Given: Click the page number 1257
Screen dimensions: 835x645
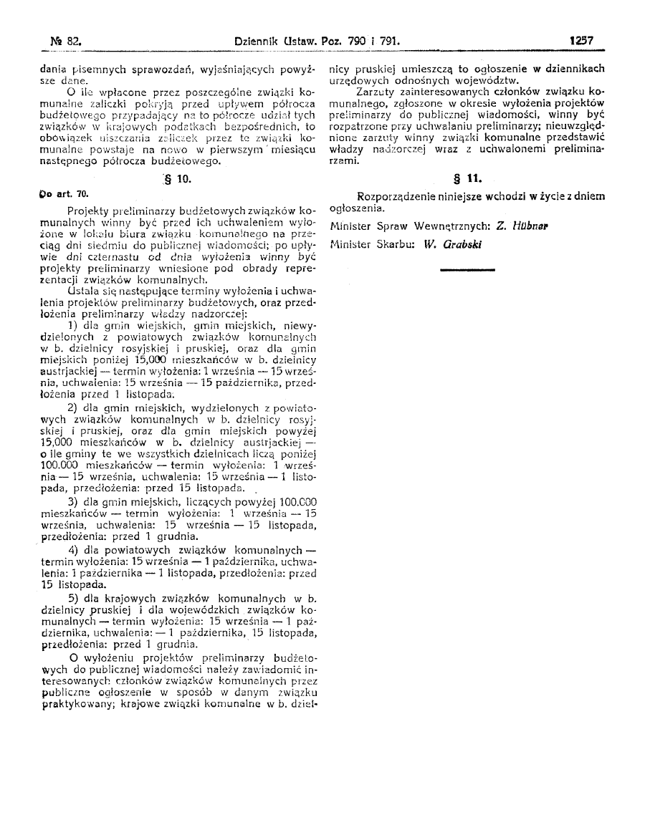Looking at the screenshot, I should (581, 42).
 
